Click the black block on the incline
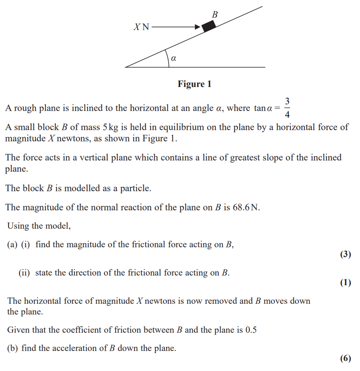[x=209, y=26]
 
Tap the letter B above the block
[x=215, y=14]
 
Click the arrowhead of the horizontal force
[x=198, y=27]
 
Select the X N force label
[x=141, y=27]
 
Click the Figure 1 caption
[x=195, y=84]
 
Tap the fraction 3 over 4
[x=287, y=108]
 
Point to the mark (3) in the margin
[x=346, y=254]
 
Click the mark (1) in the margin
[x=346, y=283]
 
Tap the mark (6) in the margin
[x=346, y=358]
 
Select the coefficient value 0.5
[x=251, y=330]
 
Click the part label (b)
[x=13, y=348]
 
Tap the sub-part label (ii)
[x=24, y=273]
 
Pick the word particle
[x=135, y=188]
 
